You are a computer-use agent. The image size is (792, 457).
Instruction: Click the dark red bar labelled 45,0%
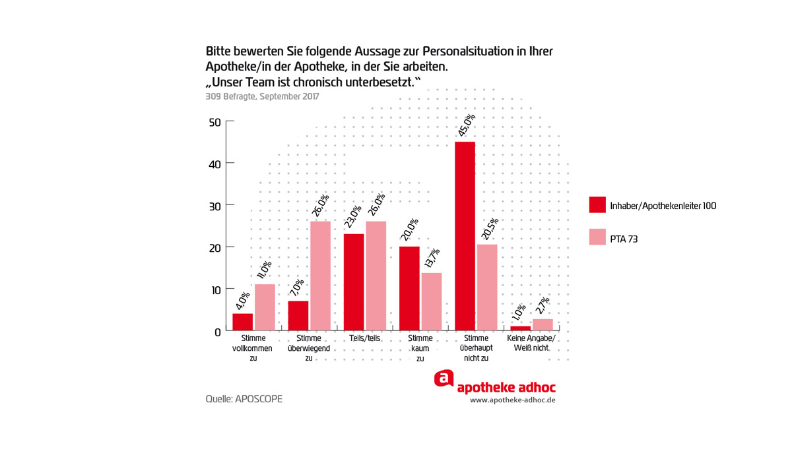click(465, 236)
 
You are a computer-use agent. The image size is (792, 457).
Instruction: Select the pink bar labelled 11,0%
click(265, 307)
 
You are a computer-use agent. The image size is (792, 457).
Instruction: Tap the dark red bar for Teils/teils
click(354, 282)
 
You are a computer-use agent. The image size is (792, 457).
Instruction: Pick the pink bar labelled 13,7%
click(432, 301)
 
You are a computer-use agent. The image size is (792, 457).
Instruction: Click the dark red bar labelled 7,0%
click(298, 315)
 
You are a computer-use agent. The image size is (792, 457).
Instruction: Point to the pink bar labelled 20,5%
click(487, 288)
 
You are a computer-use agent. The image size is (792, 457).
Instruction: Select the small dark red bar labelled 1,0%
click(521, 328)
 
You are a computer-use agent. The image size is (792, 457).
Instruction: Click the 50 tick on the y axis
click(214, 122)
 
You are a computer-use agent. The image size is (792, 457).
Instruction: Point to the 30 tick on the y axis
click(214, 205)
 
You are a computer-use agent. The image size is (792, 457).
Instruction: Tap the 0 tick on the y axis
click(217, 332)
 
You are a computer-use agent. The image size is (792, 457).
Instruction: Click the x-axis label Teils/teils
click(365, 339)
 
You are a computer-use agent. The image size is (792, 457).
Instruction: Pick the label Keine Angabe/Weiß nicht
click(531, 343)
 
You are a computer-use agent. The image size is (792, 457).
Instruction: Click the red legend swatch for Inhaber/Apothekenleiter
click(597, 205)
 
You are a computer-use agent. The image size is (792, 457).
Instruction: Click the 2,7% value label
click(543, 308)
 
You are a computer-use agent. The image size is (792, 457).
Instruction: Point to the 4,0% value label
click(242, 302)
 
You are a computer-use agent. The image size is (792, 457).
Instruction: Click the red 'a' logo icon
click(444, 379)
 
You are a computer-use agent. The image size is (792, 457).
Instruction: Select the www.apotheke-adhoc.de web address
click(512, 400)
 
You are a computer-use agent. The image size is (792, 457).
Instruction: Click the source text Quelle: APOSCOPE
click(244, 399)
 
